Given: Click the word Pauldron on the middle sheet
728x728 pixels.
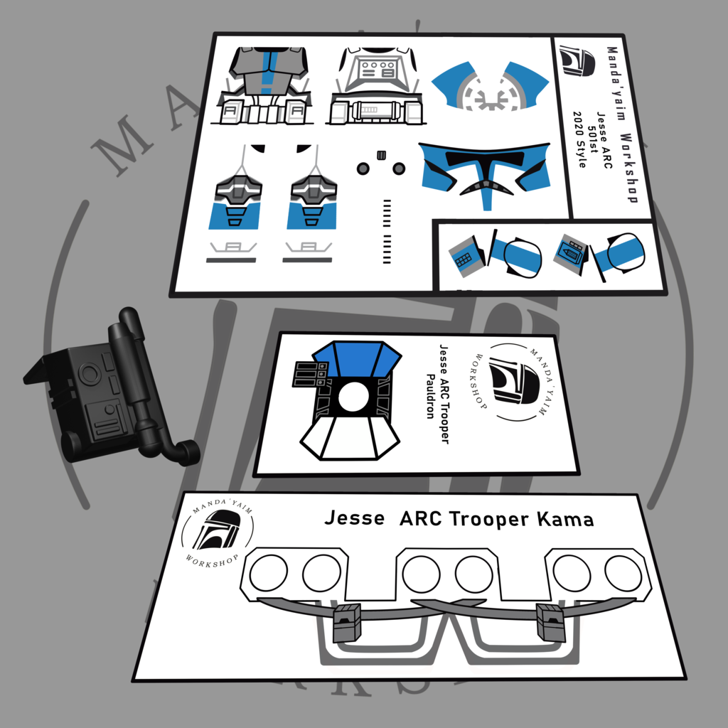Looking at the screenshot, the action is pos(430,396).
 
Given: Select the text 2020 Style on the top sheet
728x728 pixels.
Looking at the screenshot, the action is pos(579,139).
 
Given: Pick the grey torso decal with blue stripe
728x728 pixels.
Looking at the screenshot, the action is pos(264,85).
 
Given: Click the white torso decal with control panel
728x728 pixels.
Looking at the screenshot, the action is pos(377,86).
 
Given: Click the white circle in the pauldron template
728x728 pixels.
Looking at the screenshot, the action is pos(353,397).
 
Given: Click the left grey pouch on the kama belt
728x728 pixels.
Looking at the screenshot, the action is pos(347,622).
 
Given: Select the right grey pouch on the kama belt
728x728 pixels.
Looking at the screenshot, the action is pos(551,622).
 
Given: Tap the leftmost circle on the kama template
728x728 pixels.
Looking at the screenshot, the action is pos(268,572).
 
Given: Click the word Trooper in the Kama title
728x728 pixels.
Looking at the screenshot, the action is pos(489,518).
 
